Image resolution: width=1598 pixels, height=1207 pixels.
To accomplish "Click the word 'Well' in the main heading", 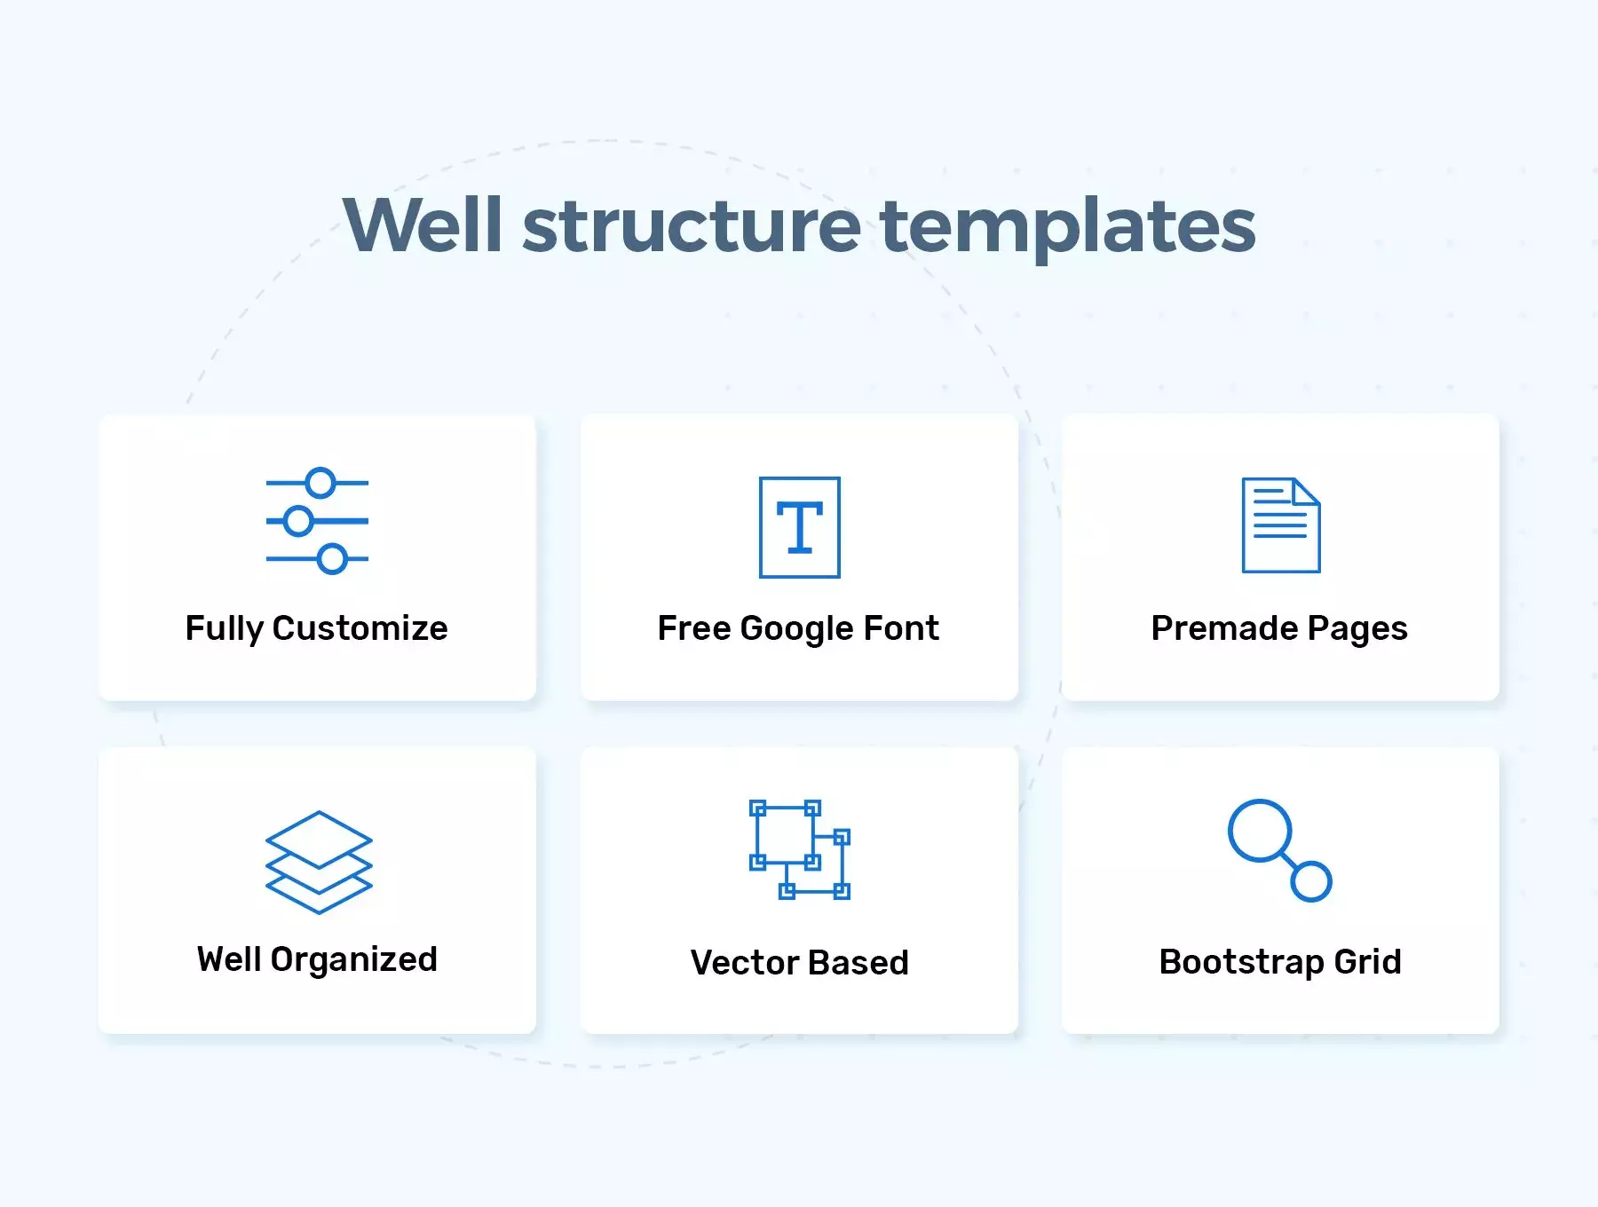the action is click(423, 225).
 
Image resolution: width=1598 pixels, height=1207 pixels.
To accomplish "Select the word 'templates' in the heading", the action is click(1068, 228).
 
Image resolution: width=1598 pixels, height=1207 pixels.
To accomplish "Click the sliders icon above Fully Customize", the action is click(317, 521).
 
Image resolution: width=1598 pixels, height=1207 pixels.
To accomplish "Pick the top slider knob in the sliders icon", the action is click(320, 483).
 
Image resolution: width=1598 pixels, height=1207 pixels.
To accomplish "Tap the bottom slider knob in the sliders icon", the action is click(332, 559).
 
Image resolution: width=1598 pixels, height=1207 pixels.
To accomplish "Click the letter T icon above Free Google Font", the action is click(800, 527).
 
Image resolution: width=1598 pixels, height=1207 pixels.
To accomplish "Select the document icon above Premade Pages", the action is click(1281, 525).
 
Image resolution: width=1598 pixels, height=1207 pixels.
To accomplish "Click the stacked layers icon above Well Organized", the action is click(319, 863).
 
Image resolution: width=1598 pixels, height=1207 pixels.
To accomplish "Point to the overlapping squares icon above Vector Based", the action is click(800, 849).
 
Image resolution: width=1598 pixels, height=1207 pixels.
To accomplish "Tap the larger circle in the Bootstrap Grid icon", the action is click(1259, 831).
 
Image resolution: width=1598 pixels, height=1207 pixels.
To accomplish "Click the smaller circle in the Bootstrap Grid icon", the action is click(1311, 881).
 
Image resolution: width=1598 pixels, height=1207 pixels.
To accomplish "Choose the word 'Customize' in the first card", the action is click(360, 628).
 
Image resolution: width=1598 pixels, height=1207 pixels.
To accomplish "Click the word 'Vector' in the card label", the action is click(746, 963).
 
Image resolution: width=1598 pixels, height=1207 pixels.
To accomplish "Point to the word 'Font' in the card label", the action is click(901, 628).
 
